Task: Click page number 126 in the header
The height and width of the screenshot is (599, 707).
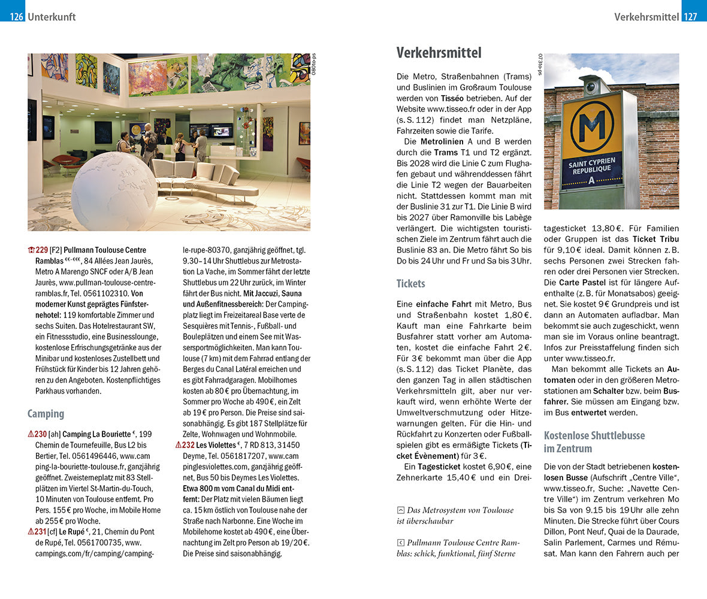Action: coord(16,17)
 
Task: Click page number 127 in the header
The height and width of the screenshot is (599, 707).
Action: coord(690,17)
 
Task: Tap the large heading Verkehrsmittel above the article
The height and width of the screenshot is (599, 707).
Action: coord(439,53)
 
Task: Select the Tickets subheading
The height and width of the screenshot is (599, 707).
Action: coord(412,283)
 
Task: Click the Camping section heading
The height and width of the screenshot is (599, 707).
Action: coord(46,413)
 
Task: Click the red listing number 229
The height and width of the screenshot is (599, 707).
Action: coord(41,250)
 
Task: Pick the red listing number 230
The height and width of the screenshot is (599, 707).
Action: coord(41,434)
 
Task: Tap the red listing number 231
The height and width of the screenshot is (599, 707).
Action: coord(41,531)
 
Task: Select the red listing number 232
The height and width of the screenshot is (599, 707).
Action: coord(188,445)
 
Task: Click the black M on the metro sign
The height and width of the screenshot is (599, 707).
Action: coord(591,127)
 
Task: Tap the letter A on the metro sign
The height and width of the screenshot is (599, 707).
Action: coord(592,180)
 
